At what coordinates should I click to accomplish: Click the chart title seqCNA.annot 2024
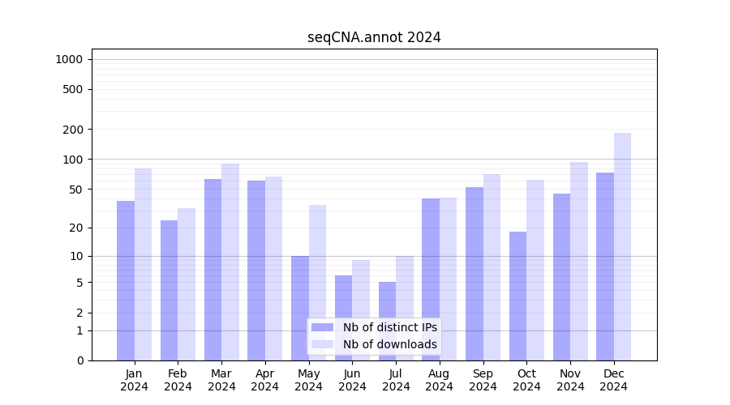click(x=374, y=37)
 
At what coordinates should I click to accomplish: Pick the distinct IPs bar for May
click(x=300, y=308)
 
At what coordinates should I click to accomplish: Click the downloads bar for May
click(x=317, y=283)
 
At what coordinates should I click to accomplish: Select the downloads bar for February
click(x=187, y=284)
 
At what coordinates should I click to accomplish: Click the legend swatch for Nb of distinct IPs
click(x=322, y=327)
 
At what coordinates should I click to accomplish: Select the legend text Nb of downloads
click(x=389, y=344)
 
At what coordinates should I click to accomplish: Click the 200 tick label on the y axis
click(x=74, y=130)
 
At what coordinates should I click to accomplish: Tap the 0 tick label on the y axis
click(x=79, y=360)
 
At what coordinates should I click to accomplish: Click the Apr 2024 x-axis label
click(x=265, y=380)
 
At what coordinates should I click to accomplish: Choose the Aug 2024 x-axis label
click(x=440, y=380)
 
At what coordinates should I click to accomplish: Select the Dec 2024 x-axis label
click(x=614, y=380)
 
